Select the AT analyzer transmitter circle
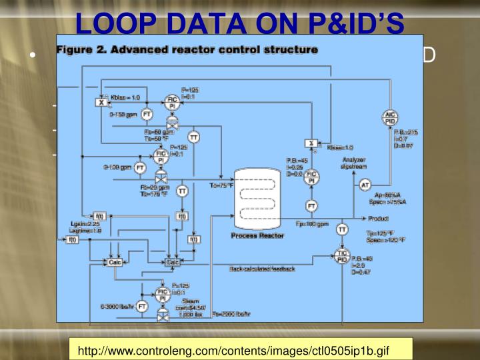pos(365,184)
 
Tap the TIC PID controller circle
pos(343,256)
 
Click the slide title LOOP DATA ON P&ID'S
pos(239,21)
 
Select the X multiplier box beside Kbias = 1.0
pos(100,102)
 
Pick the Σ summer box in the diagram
pos(311,143)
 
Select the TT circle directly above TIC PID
pos(342,229)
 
